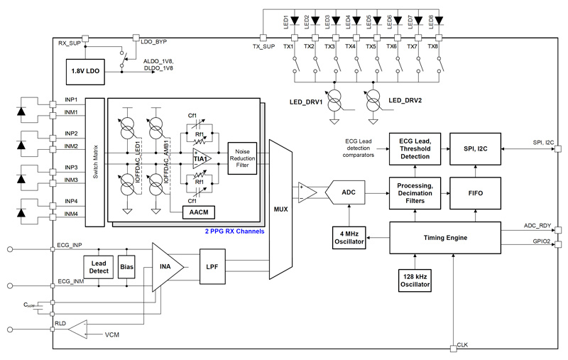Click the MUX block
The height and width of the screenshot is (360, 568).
(x=280, y=210)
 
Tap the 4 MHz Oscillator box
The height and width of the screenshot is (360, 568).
(x=349, y=236)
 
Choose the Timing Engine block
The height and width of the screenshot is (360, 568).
(x=451, y=236)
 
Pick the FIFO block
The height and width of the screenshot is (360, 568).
(x=476, y=192)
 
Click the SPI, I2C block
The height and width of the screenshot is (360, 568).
(x=476, y=148)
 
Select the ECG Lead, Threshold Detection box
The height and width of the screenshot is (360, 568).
(x=415, y=148)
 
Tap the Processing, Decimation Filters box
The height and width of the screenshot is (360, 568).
(x=415, y=192)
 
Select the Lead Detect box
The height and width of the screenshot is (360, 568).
(x=99, y=268)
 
